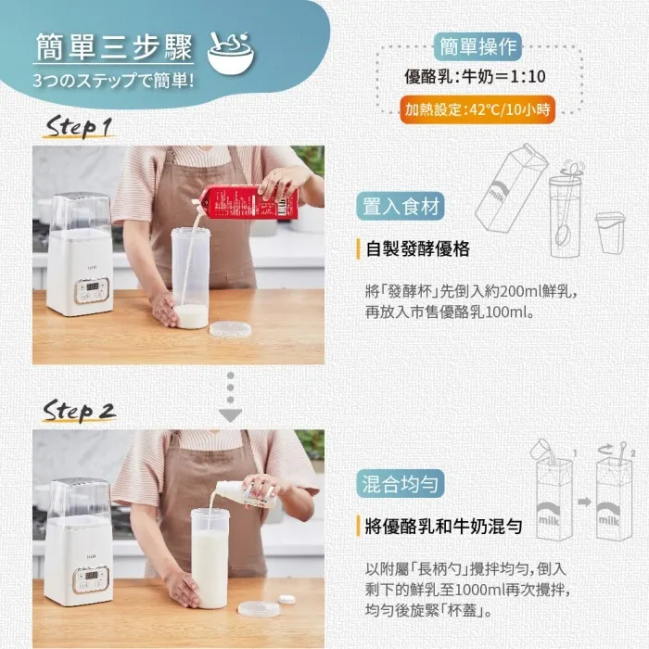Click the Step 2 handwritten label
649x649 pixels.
click(x=82, y=412)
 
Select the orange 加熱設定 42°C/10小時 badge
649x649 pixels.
click(x=477, y=109)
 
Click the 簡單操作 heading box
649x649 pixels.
click(x=477, y=45)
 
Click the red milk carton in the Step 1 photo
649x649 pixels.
click(x=250, y=201)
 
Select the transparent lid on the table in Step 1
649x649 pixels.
click(x=229, y=328)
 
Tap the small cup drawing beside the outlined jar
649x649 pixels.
click(x=608, y=233)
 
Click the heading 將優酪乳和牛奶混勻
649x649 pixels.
click(x=442, y=527)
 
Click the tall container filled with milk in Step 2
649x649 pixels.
click(x=210, y=556)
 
